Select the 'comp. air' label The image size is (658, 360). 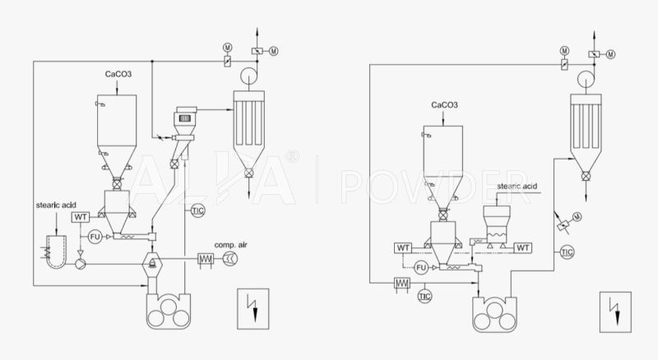(231, 246)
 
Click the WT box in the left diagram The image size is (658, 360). (81, 217)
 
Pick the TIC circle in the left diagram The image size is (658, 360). (197, 211)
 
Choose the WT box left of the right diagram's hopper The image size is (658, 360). (404, 247)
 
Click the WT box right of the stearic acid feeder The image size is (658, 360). (523, 247)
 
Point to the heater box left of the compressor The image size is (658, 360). (206, 260)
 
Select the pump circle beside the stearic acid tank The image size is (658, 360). (79, 263)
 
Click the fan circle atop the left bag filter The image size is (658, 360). (244, 77)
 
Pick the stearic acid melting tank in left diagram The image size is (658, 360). (55, 250)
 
